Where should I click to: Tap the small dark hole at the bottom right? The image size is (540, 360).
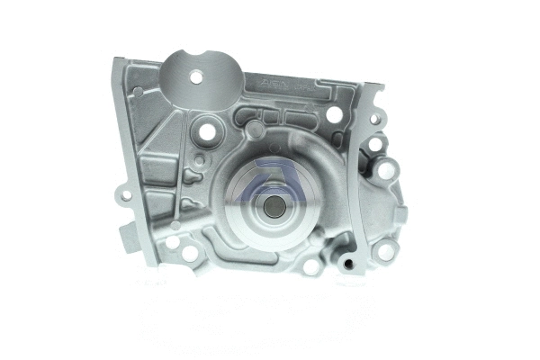coord(345,265)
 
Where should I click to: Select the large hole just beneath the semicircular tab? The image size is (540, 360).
coord(206,131)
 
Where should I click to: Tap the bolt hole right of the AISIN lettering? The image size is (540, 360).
coord(334,114)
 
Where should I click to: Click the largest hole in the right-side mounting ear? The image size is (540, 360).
coord(386,169)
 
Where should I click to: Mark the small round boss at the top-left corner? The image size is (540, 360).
coord(137,92)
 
